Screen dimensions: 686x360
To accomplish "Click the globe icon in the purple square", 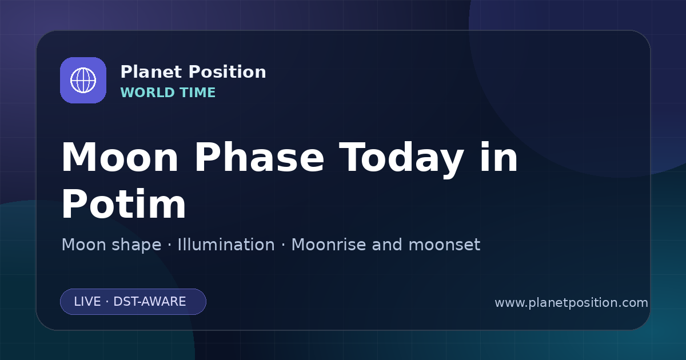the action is [x=83, y=80].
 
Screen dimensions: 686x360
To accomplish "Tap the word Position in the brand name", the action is [x=228, y=72].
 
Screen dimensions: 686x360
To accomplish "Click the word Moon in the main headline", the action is [x=119, y=158].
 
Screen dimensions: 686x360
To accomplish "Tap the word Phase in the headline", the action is [x=259, y=158].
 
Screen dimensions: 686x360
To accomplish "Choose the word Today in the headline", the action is [x=401, y=161].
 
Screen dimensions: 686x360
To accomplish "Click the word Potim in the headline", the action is [x=123, y=203].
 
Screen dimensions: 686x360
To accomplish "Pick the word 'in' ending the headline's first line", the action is [x=498, y=157].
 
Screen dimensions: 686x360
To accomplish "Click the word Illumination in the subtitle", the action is [x=226, y=245].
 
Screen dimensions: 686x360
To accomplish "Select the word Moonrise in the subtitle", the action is [x=328, y=245].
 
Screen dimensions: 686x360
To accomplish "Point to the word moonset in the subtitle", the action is [x=444, y=245].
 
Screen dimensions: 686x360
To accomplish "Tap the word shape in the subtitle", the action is [x=137, y=246].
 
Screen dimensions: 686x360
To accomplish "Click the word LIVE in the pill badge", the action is [x=87, y=302].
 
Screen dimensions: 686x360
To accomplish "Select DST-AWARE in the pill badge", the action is [x=149, y=302].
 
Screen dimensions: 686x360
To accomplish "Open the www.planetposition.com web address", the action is [x=571, y=303].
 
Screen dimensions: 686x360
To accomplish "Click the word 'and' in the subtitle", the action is [x=387, y=245].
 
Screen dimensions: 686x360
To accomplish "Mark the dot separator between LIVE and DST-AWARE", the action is [x=107, y=302].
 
